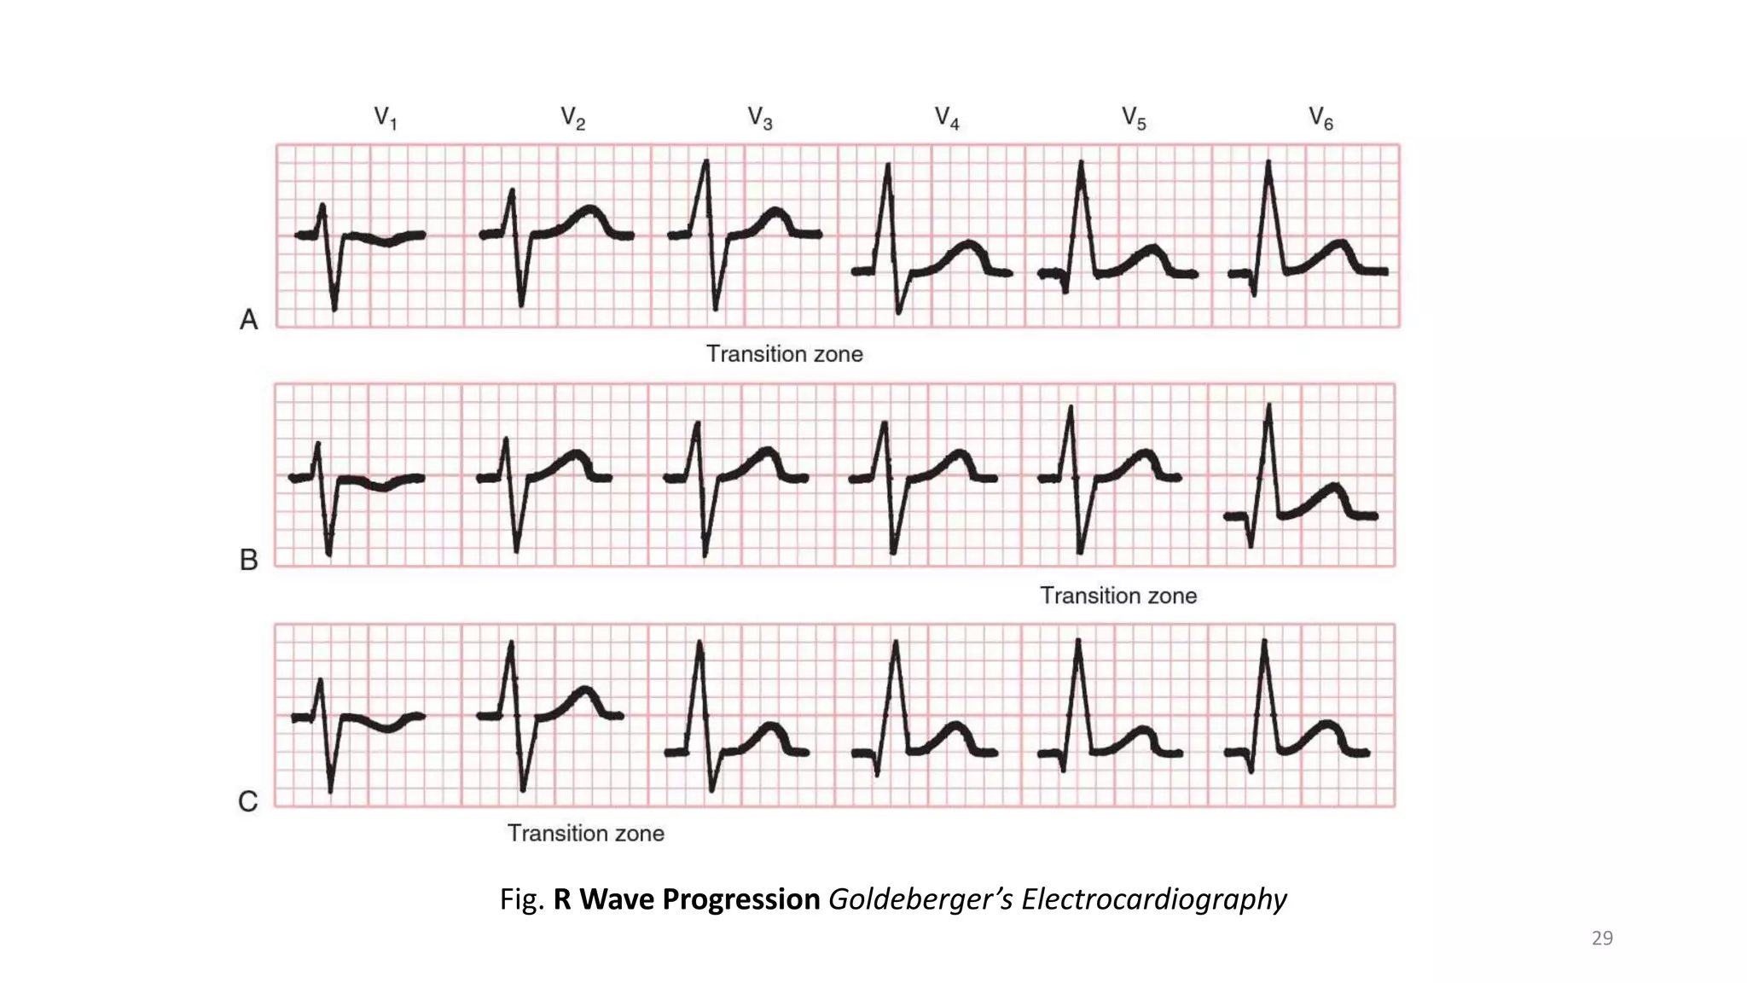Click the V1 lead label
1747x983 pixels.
click(386, 118)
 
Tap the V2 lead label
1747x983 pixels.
click(572, 118)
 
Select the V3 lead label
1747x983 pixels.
click(759, 118)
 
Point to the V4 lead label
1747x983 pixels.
click(946, 118)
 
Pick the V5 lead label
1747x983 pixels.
click(1133, 118)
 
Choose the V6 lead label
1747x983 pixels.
click(1320, 118)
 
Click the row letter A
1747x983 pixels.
click(248, 320)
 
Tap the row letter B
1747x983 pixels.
click(248, 560)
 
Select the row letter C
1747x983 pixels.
click(247, 802)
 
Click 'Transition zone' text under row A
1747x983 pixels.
click(784, 354)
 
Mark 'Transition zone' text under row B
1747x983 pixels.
click(1117, 596)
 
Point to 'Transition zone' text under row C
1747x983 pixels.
click(585, 833)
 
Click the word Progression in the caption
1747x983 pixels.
click(740, 899)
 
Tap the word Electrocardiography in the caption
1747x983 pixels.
click(1153, 899)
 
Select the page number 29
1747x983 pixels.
click(1602, 939)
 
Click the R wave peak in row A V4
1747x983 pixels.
click(888, 166)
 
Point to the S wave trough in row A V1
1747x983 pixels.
click(334, 308)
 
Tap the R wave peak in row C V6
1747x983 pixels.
click(1264, 642)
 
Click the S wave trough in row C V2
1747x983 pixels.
click(523, 789)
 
